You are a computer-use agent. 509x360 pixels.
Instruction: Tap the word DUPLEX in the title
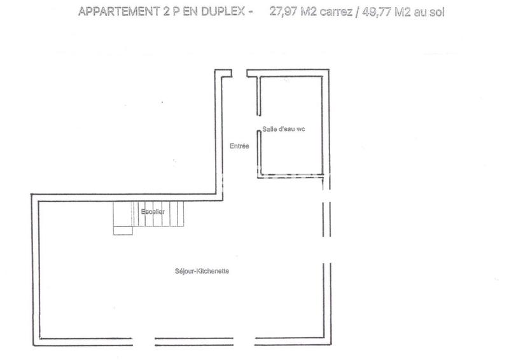click(216, 12)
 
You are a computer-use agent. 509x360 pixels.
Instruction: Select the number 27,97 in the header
click(284, 12)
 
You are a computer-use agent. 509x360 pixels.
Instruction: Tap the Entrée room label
click(239, 146)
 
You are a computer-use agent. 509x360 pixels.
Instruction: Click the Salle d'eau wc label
click(284, 129)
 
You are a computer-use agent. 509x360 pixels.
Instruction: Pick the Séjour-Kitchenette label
click(202, 271)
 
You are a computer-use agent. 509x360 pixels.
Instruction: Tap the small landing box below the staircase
click(123, 230)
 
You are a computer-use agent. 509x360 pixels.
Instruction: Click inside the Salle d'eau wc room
click(293, 153)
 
